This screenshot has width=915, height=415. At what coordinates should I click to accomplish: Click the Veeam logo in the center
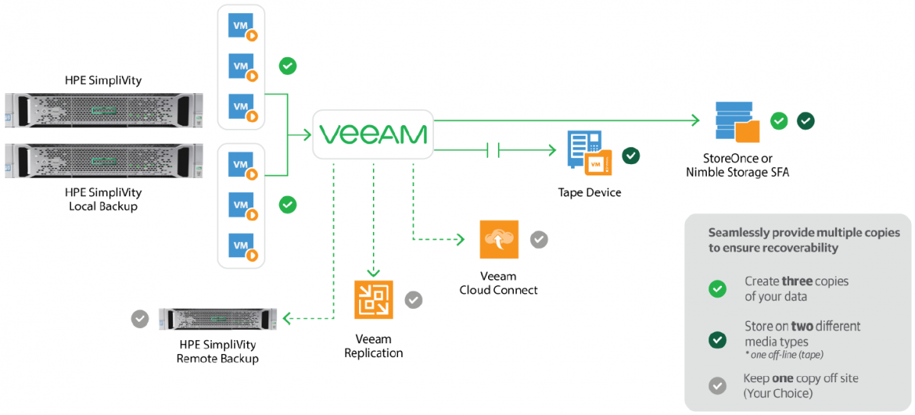pos(373,135)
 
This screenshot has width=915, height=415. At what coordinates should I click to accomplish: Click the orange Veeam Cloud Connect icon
pos(499,240)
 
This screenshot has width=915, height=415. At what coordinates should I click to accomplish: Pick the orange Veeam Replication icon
pos(374,300)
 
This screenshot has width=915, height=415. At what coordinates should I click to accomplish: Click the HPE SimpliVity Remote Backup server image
pos(217,318)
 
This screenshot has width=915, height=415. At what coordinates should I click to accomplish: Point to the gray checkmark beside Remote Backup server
pos(140,318)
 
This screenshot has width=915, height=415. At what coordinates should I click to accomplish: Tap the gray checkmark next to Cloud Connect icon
pos(539,240)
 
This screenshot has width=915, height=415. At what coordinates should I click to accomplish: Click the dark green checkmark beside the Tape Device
pos(631,156)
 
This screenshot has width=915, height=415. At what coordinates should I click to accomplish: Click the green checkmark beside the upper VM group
pos(287,66)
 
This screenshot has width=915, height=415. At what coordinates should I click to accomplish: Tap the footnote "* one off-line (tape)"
pos(785,355)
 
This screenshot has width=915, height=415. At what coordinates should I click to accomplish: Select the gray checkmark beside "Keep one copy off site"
pos(718,385)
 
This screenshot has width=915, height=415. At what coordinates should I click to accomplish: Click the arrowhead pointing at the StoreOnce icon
pos(695,120)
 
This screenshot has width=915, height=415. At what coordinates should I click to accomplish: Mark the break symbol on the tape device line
pos(493,150)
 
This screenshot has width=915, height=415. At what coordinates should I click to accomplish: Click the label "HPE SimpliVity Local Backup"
pos(104,199)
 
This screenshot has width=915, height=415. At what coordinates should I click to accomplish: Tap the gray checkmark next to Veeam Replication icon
pos(413,300)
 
